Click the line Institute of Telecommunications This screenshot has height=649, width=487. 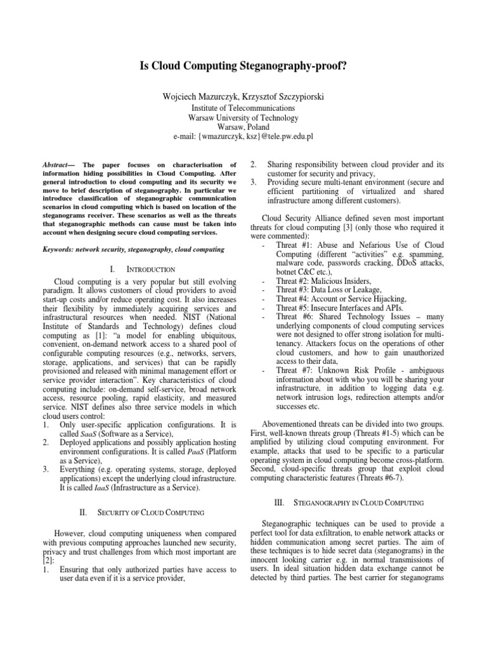coord(243,108)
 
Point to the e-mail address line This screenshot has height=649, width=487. coord(243,136)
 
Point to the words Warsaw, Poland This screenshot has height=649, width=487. coord(243,127)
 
